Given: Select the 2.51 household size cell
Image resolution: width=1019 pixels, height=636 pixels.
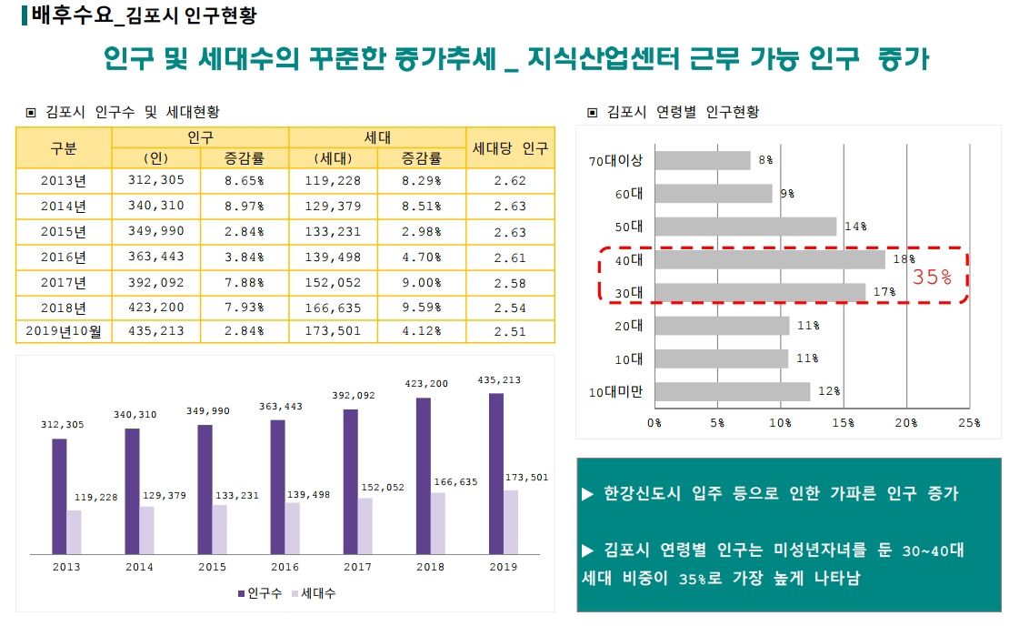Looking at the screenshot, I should tap(510, 332).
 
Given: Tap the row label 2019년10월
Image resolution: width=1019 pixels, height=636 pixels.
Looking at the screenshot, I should tap(64, 332).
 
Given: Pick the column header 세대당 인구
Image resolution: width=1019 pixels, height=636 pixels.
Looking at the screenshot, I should tap(510, 148).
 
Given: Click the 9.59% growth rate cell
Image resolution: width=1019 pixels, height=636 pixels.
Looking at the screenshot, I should tap(422, 308).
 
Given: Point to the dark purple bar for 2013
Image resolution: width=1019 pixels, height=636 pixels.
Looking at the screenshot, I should tap(59, 496).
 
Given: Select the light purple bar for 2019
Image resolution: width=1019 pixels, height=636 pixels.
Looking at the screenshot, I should tap(511, 521).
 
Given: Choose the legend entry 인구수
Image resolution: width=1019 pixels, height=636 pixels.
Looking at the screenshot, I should tap(265, 593).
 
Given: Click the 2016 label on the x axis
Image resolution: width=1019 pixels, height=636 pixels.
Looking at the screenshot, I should tap(285, 567).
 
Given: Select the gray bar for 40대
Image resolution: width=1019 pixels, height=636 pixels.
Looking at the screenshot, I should tap(769, 259).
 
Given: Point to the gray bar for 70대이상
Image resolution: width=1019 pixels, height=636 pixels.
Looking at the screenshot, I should tap(702, 161).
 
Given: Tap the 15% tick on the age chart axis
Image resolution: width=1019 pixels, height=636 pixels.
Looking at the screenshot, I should tap(843, 423).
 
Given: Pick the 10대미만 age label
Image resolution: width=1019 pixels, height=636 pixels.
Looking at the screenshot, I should tap(615, 392).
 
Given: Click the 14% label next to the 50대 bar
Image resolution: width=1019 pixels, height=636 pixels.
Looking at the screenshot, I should tap(854, 227).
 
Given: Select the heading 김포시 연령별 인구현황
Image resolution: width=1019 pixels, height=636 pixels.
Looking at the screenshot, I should tap(681, 113).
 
